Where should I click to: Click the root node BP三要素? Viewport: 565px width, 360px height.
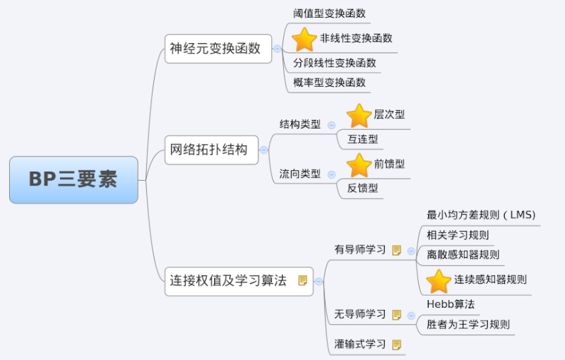coord(73,179)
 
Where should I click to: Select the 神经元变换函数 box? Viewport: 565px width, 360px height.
coord(218,49)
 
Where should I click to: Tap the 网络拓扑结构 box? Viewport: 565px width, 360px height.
coord(211,150)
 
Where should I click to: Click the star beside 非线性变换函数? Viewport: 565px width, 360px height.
coord(304,40)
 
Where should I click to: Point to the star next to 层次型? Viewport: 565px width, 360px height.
coord(359,116)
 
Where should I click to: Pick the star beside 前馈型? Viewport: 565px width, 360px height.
coord(359,165)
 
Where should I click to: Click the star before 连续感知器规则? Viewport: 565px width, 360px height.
coord(439,281)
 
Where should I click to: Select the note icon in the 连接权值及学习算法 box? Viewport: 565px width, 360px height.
coord(303,280)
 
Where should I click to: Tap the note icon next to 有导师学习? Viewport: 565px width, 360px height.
coord(396,250)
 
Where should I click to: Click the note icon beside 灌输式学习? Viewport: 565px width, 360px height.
coord(396,345)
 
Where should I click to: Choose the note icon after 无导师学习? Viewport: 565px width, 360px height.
coord(396,315)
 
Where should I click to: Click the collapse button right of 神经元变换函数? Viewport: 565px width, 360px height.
coord(277,49)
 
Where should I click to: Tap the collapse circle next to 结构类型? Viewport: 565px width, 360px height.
coord(331,125)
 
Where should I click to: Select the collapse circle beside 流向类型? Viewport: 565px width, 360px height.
coord(331,174)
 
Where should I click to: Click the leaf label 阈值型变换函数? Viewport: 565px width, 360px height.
coord(329,13)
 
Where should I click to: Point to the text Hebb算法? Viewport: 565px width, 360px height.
coord(451,304)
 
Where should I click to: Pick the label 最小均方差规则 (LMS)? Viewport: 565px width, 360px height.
coord(481,215)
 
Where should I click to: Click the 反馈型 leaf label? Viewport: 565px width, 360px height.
coord(362,188)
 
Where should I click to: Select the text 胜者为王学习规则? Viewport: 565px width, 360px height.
coord(468,325)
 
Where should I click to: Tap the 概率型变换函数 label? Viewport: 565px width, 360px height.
coord(329,83)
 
